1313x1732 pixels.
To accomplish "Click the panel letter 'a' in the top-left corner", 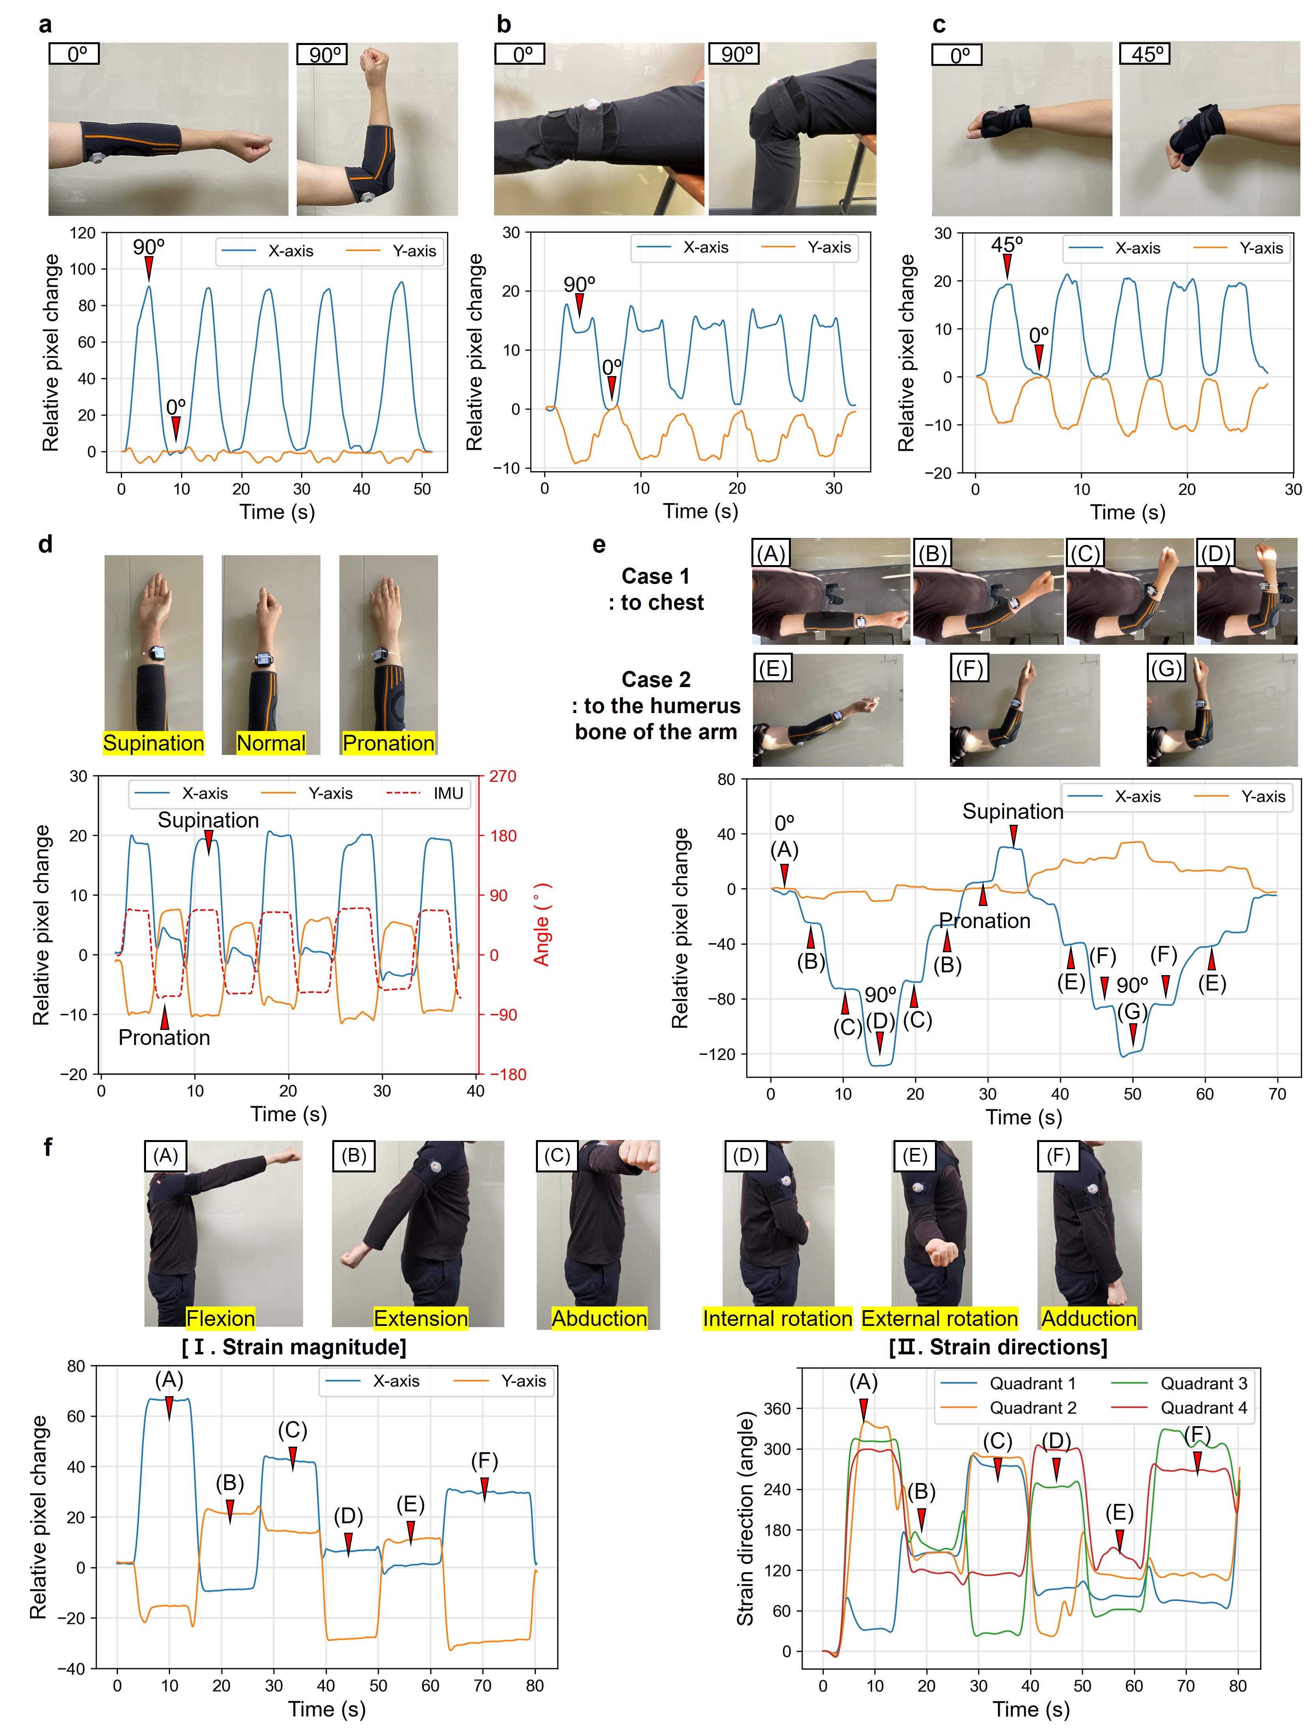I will click(x=45, y=25).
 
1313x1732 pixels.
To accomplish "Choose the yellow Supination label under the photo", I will click(x=154, y=743).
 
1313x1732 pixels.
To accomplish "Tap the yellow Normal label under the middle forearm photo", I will click(x=271, y=743).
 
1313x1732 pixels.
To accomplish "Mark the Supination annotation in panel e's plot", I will click(x=1012, y=811).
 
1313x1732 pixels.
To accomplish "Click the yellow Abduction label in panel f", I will click(x=599, y=1318).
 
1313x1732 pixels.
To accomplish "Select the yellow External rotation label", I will click(x=939, y=1318).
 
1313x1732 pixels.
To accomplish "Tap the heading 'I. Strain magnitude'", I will click(x=294, y=1347).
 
